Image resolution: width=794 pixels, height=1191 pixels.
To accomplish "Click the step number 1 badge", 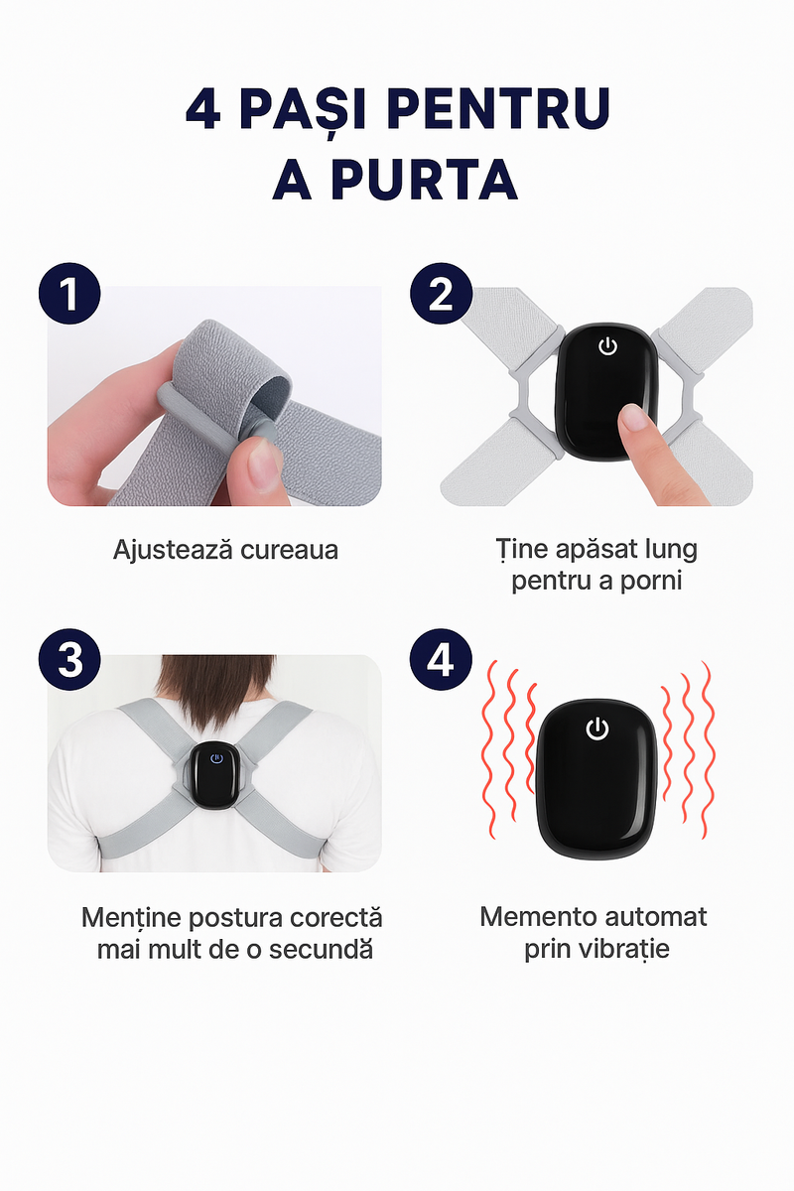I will pos(69,295).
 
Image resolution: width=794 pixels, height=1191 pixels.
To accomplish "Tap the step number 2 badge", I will pos(441,295).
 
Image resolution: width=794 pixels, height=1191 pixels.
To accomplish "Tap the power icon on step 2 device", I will pos(608,346).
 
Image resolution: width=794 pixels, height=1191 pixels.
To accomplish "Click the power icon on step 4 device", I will pos(596,729).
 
